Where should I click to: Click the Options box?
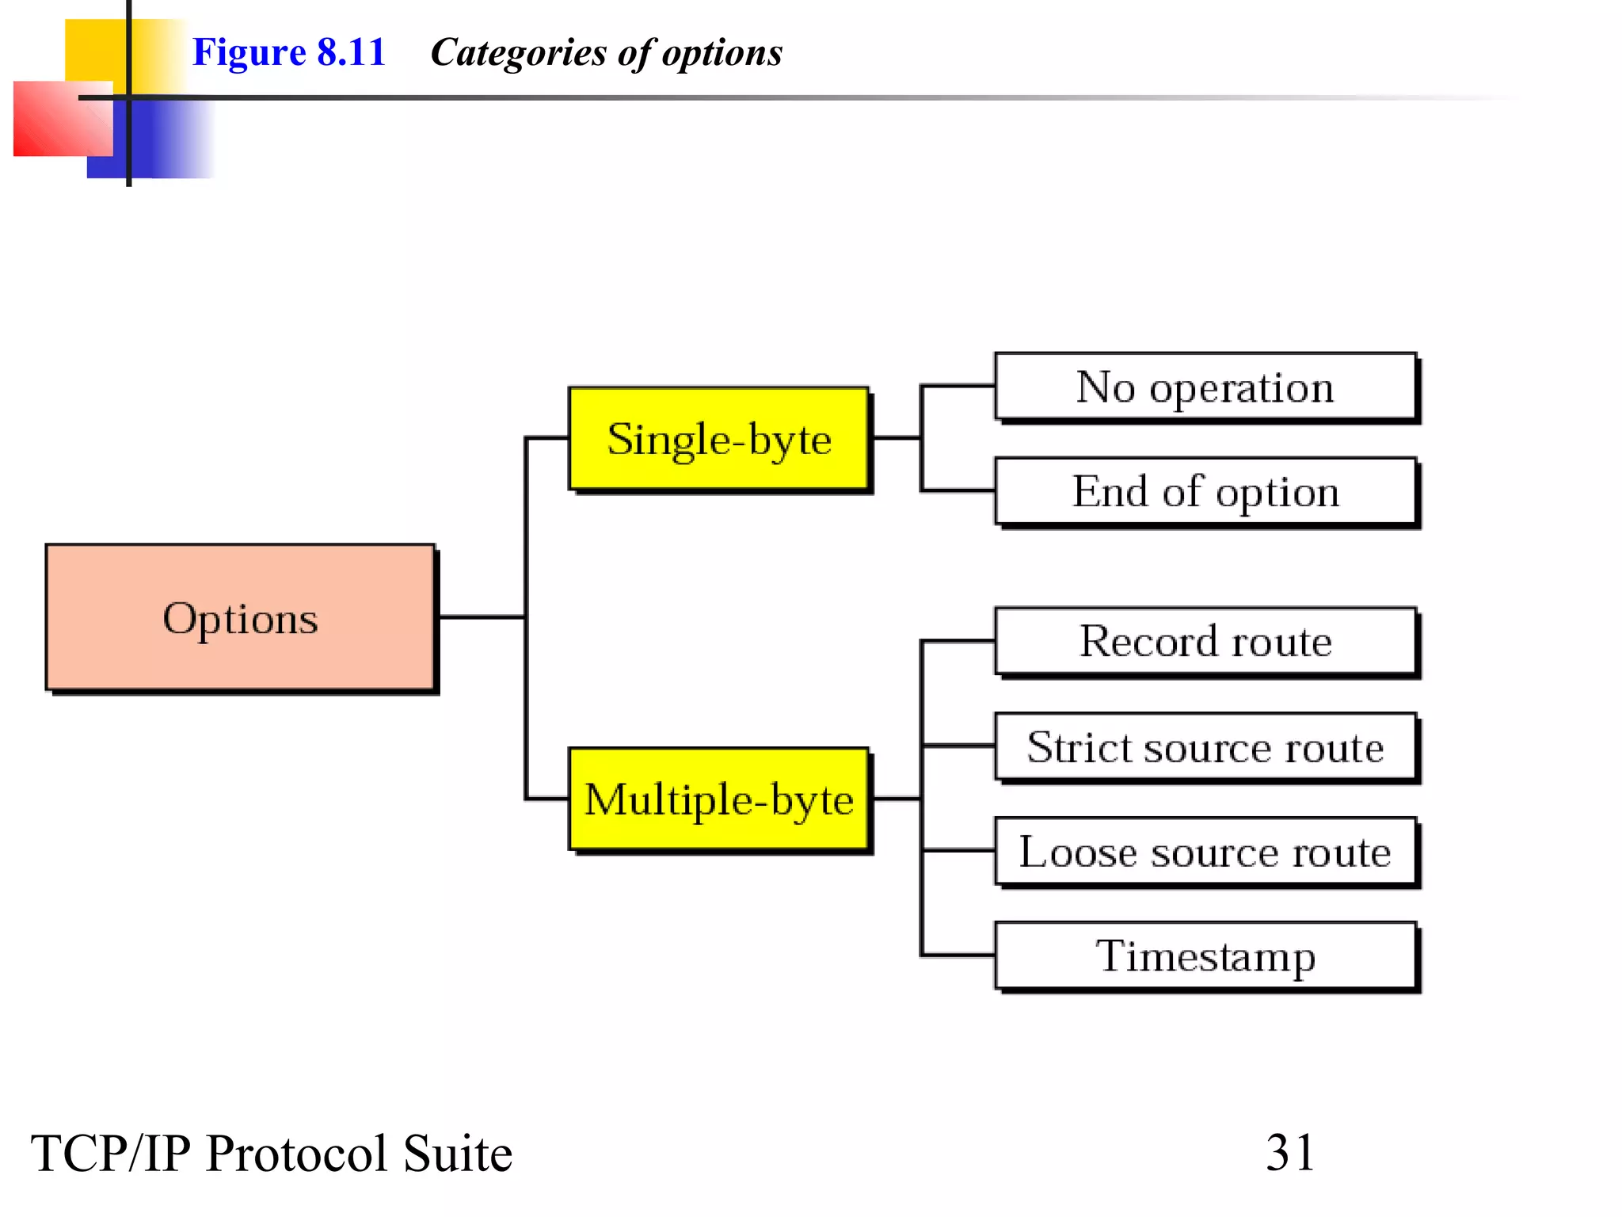(240, 617)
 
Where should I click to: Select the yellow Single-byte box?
(718, 439)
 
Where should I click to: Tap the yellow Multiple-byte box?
(718, 799)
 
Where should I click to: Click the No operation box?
(1205, 387)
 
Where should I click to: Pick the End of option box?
(1205, 491)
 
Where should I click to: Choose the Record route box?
(1205, 641)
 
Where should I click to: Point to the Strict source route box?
(1205, 746)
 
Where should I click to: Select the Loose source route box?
(1205, 852)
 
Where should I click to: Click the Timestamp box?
(1205, 956)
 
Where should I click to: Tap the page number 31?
(1290, 1152)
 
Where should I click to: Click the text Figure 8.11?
(289, 53)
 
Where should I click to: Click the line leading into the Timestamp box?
(957, 955)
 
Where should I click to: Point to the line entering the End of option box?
(957, 491)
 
